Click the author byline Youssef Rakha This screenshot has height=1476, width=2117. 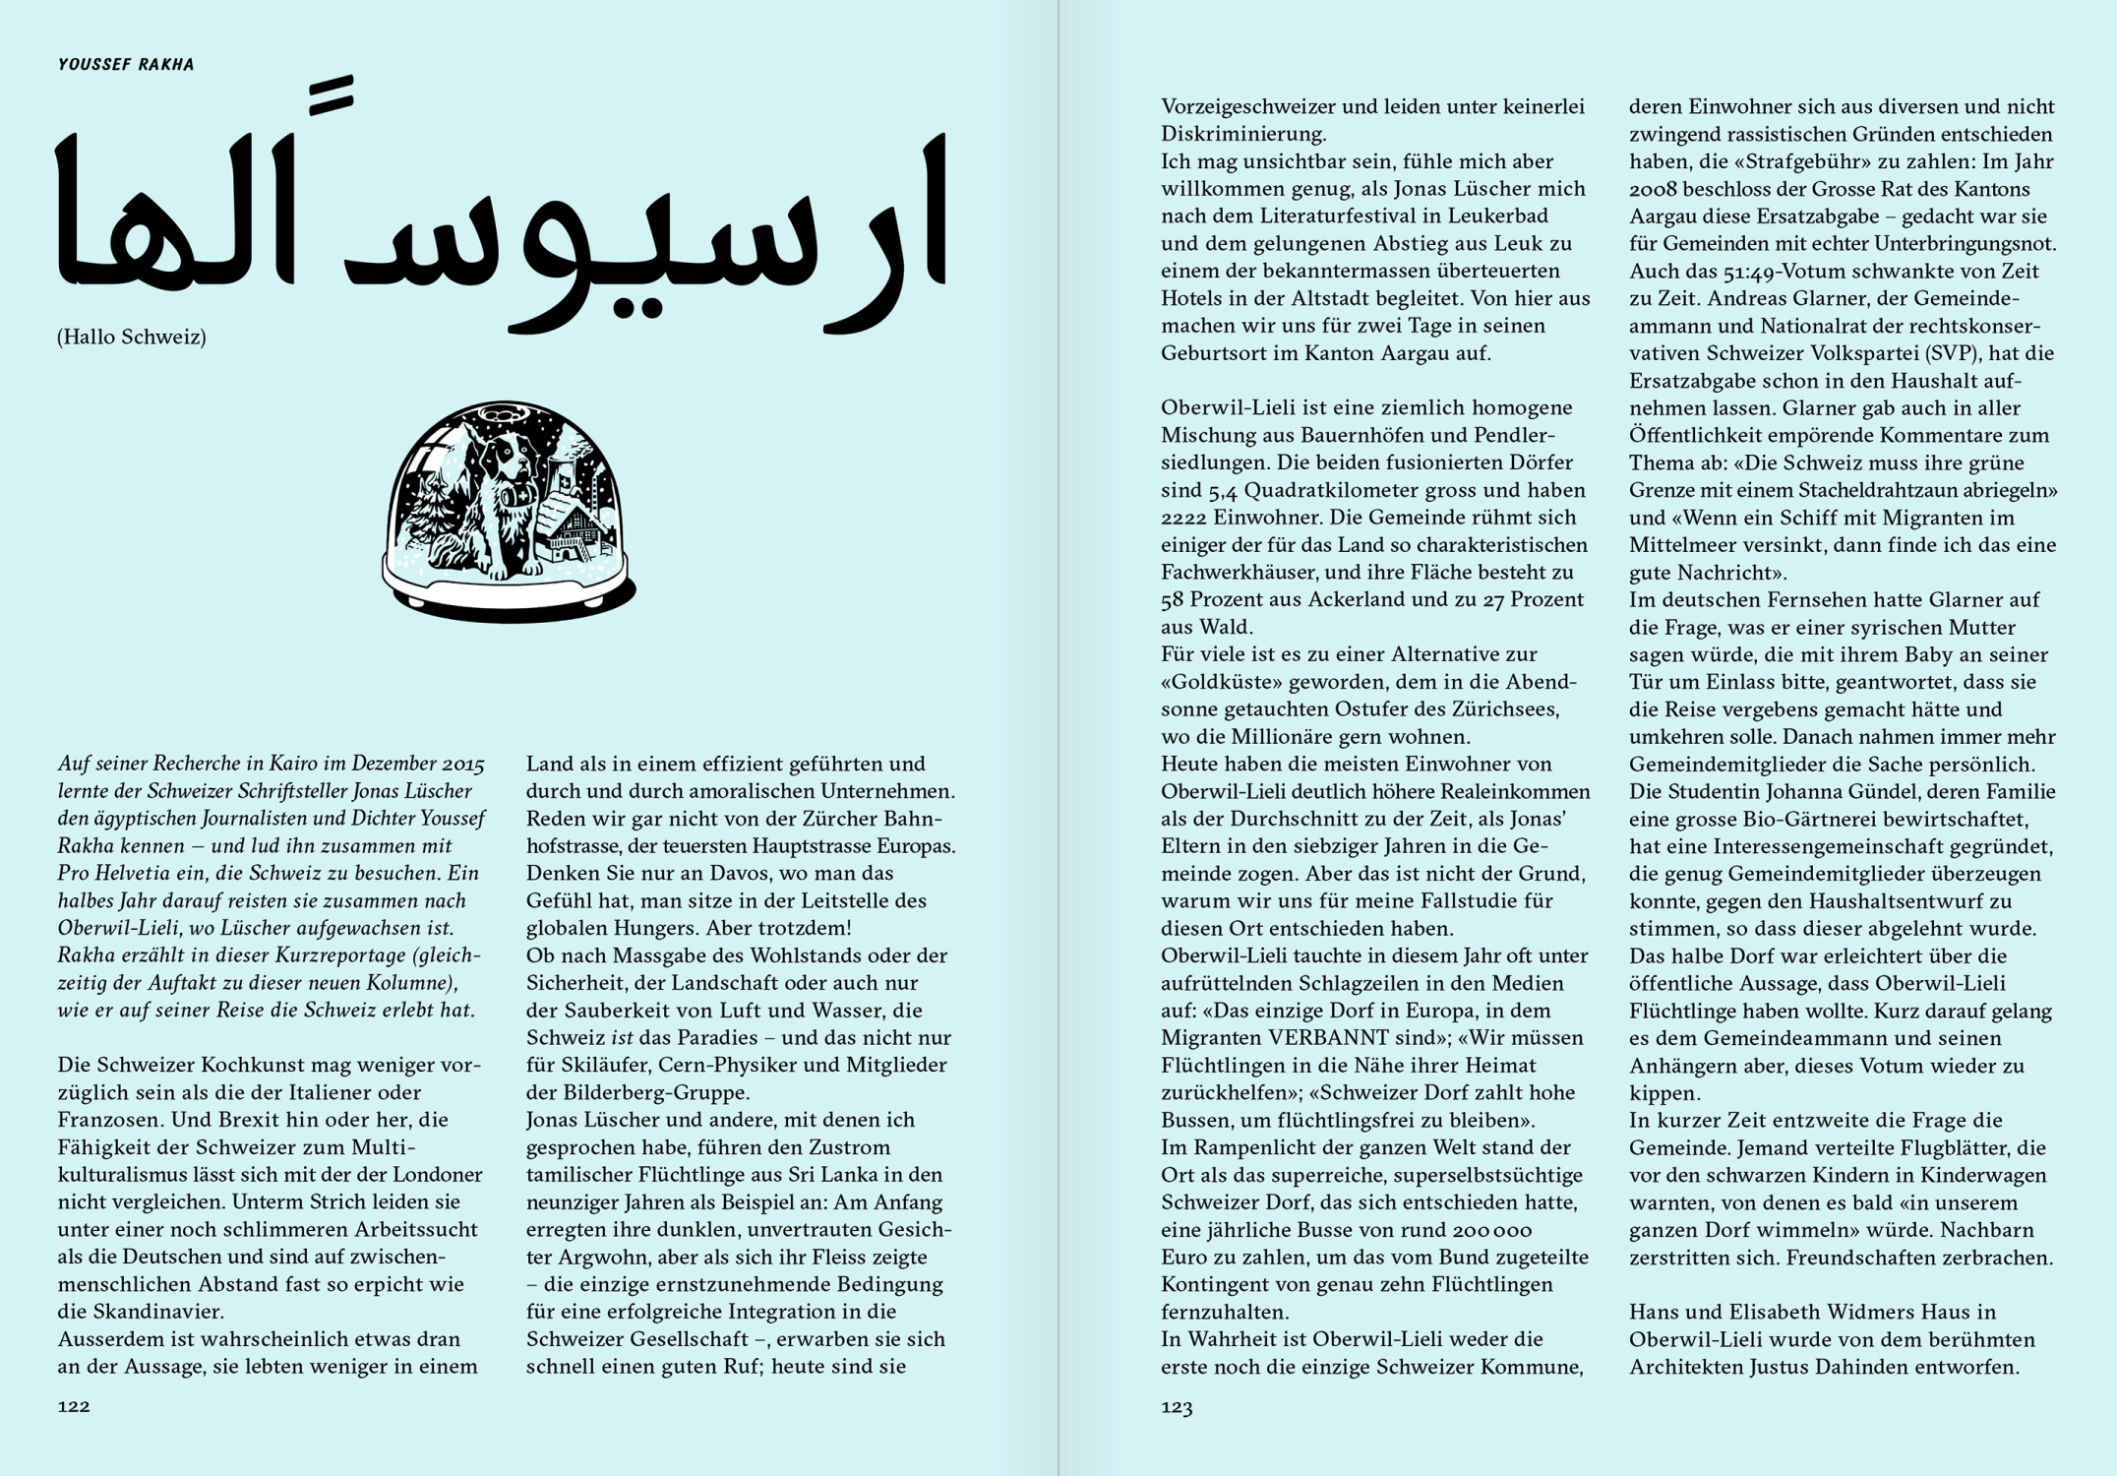[x=126, y=65]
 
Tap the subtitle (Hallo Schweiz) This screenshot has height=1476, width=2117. [x=132, y=338]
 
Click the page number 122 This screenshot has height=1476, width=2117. [x=74, y=1406]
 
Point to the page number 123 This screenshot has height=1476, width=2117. [x=1177, y=1407]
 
